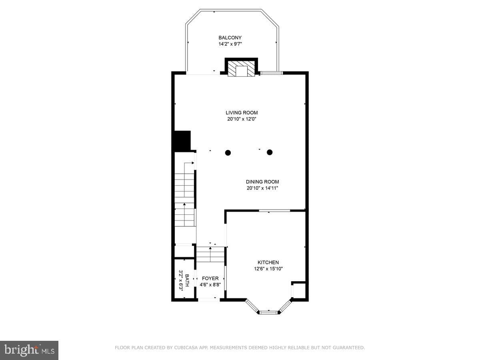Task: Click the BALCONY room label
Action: (230, 38)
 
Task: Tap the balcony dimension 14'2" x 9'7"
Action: (230, 44)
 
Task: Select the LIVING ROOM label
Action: (242, 112)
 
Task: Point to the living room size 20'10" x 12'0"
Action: (242, 119)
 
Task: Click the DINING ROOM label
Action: (262, 182)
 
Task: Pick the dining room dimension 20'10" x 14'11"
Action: (262, 188)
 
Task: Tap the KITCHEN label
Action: (268, 262)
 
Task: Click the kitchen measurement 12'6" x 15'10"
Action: (268, 269)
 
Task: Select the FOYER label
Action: (210, 278)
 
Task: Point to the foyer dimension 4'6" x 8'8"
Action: (210, 285)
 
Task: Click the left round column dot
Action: (228, 152)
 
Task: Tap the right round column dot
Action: (270, 152)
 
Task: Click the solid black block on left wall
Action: (182, 140)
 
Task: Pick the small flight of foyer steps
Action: (210, 254)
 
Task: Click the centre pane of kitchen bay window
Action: (269, 312)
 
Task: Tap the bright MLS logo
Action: (29, 350)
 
